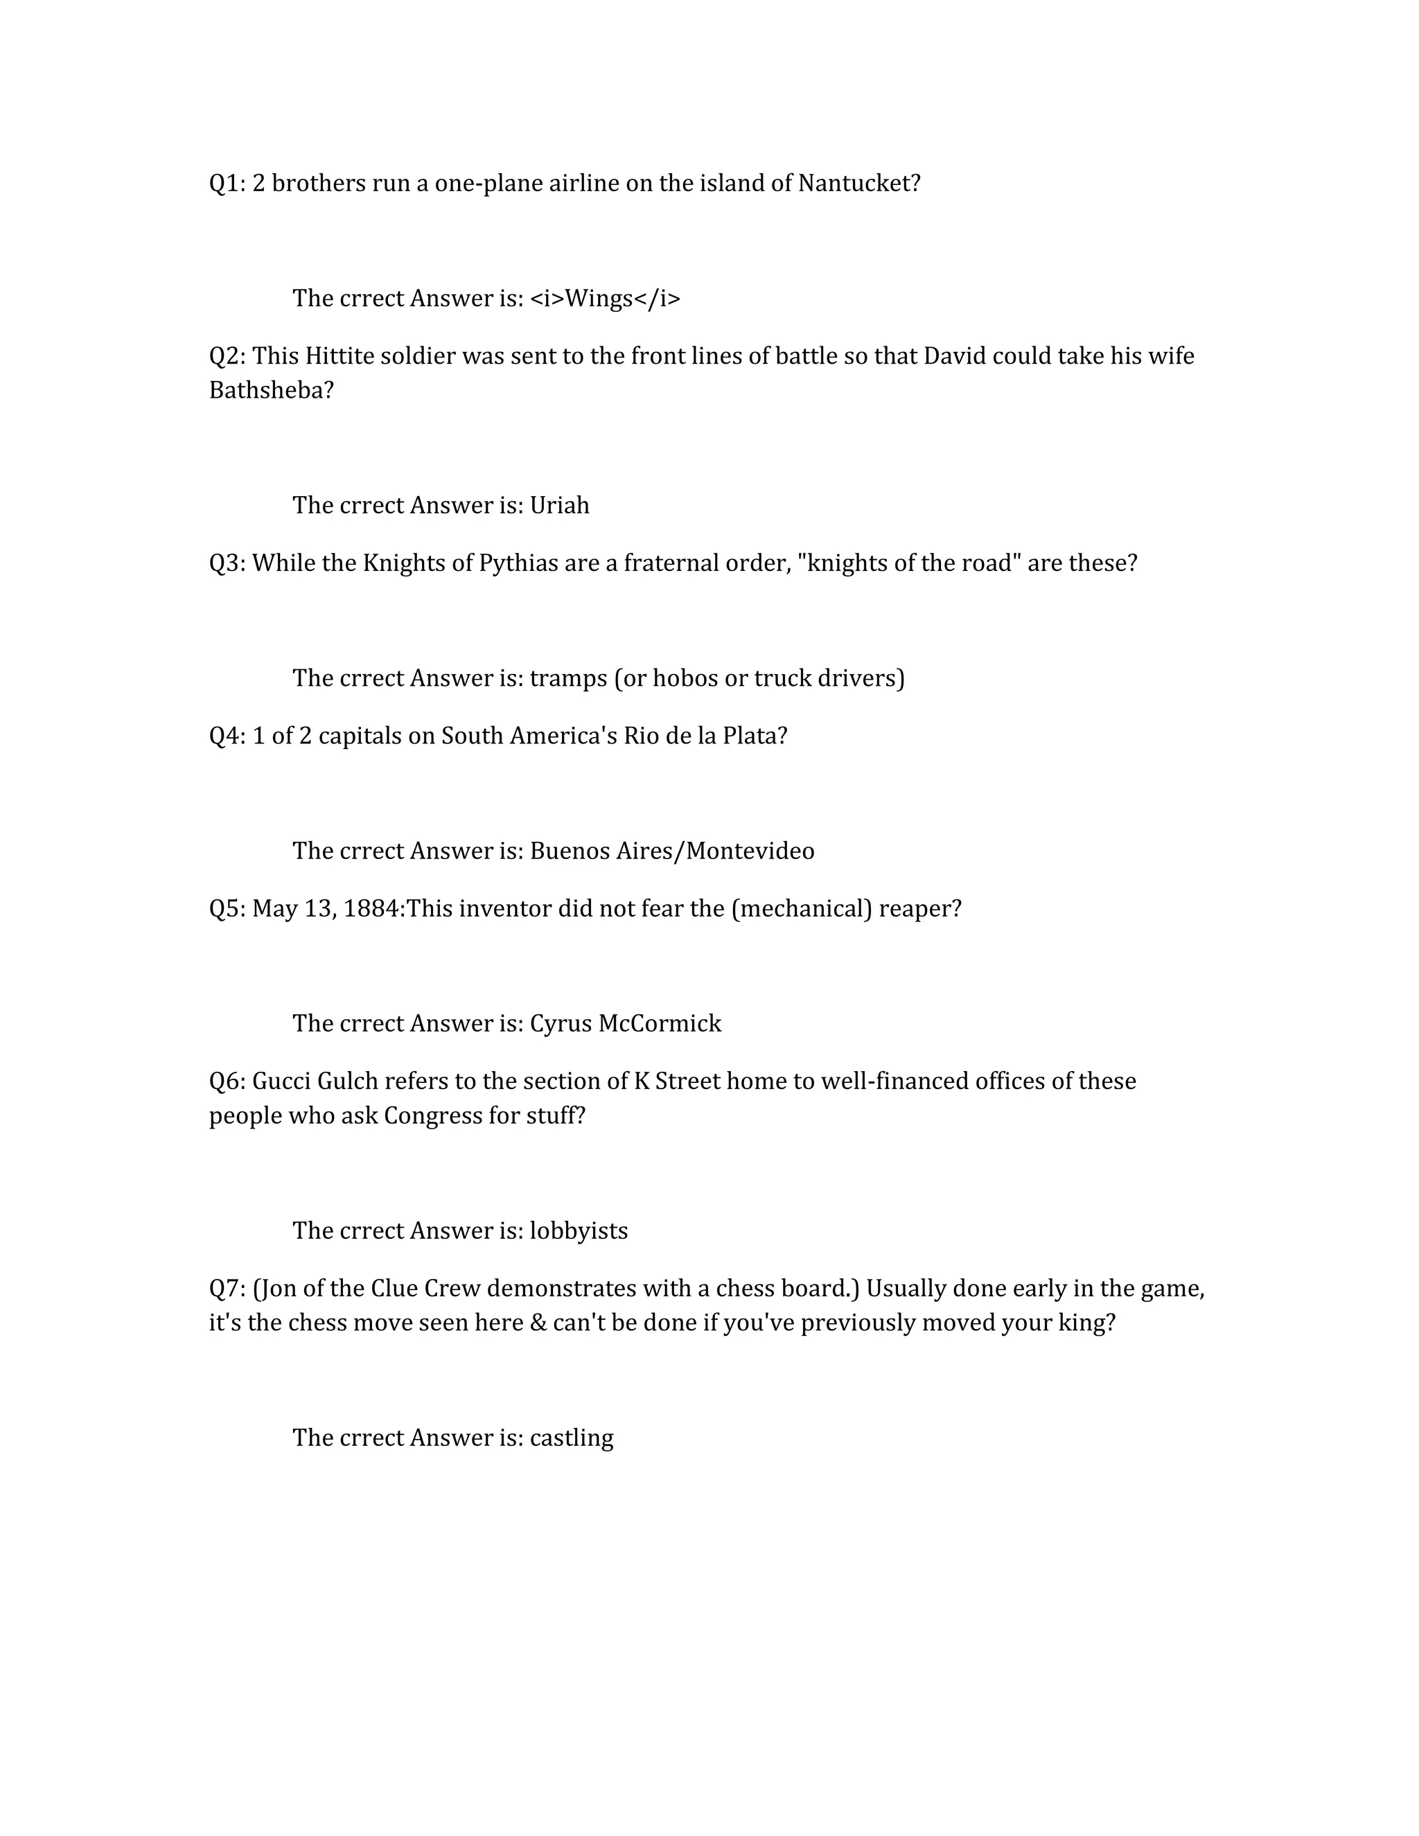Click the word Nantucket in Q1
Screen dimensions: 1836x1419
pyautogui.click(x=858, y=184)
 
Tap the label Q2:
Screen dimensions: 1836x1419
pyautogui.click(x=227, y=356)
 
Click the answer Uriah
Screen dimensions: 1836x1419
pyautogui.click(x=559, y=505)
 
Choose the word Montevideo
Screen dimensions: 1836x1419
pyautogui.click(x=750, y=851)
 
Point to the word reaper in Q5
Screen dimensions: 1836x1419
pyautogui.click(x=918, y=909)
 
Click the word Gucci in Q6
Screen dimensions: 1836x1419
pyautogui.click(x=281, y=1081)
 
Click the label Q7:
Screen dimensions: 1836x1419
pyautogui.click(x=227, y=1289)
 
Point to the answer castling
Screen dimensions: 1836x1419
pyautogui.click(x=571, y=1438)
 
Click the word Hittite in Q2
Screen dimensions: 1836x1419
pyautogui.click(x=339, y=356)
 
